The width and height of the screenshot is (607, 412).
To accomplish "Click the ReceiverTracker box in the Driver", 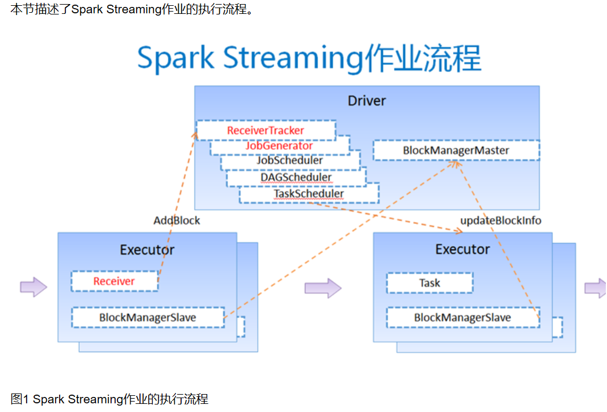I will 266,130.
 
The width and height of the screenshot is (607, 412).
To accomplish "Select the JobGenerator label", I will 279,146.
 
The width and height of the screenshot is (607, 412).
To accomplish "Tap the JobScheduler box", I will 290,161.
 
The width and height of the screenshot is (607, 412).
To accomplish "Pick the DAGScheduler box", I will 296,178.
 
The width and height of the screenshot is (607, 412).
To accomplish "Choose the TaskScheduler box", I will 308,194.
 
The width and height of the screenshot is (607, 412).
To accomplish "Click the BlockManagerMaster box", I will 456,150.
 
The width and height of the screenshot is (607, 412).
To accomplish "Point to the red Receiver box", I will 114,281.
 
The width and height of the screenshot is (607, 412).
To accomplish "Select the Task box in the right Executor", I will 429,283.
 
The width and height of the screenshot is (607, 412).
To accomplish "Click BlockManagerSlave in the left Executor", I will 148,318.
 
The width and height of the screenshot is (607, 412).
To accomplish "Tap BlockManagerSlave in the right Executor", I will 462,318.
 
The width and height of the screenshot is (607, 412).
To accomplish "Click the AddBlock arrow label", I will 176,220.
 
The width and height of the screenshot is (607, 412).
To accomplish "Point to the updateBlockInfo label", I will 501,220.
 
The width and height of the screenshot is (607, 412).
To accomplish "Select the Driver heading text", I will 366,101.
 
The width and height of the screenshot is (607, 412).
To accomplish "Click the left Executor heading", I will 147,250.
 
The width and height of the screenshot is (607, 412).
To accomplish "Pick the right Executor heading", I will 462,249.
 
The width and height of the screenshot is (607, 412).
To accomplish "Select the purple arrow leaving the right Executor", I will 595,288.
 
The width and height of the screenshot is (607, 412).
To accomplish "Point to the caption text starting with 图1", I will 109,399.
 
